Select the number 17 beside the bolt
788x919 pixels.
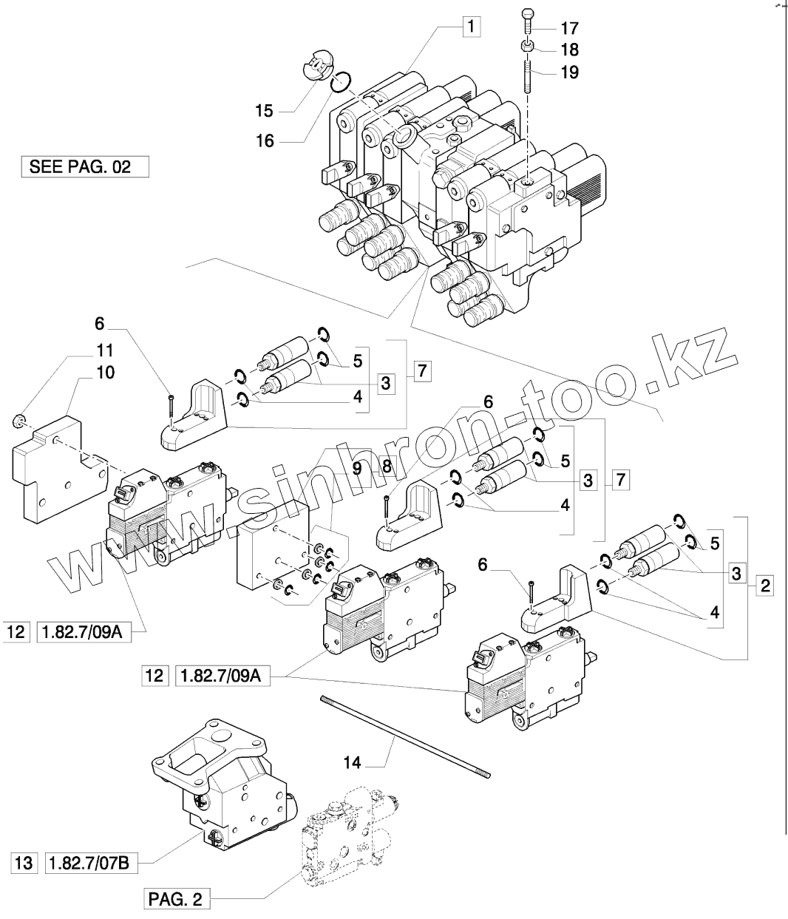click(x=569, y=29)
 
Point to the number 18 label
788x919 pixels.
click(x=569, y=50)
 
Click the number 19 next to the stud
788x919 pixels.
click(x=569, y=72)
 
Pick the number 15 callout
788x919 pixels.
click(x=264, y=111)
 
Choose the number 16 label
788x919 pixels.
click(x=264, y=140)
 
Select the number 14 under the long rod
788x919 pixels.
click(x=353, y=762)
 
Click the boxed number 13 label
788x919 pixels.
click(x=24, y=863)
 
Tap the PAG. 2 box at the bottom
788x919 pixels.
click(x=175, y=900)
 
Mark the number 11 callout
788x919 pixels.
click(x=105, y=350)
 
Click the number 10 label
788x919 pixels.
click(x=105, y=372)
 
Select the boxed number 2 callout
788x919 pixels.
click(x=764, y=587)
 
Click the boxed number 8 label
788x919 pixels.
click(x=386, y=467)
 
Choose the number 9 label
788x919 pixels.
click(x=356, y=467)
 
